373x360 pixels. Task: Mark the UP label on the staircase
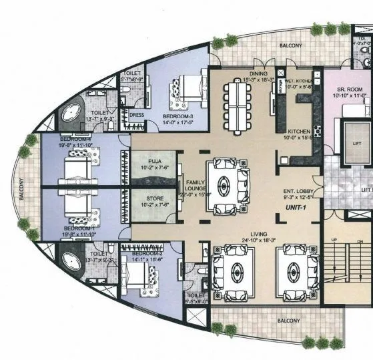pos(334,240)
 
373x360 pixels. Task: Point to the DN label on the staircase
pos(360,240)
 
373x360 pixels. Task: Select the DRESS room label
pos(136,114)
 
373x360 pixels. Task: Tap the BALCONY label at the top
pos(290,46)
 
